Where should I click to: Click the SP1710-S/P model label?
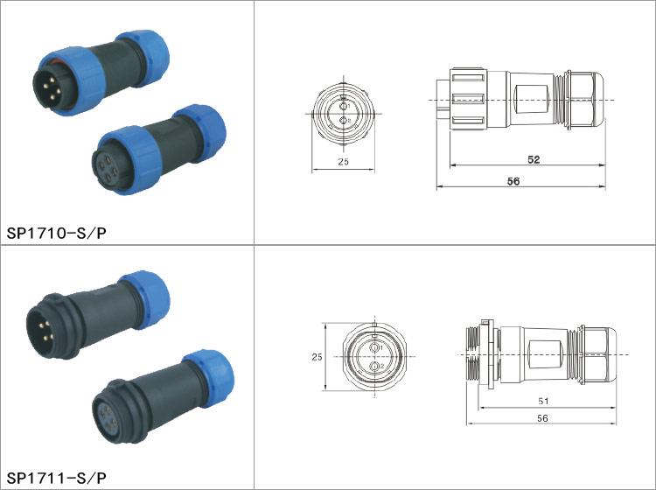pyautogui.click(x=57, y=233)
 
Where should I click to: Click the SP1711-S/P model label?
pyautogui.click(x=57, y=478)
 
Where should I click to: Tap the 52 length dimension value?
pyautogui.click(x=534, y=159)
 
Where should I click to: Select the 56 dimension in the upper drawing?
pyautogui.click(x=513, y=181)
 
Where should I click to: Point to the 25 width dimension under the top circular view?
pyautogui.click(x=343, y=162)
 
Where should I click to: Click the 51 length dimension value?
pyautogui.click(x=543, y=401)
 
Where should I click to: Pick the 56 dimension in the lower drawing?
pyautogui.click(x=542, y=418)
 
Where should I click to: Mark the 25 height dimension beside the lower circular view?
pyautogui.click(x=318, y=357)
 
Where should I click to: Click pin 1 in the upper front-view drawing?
pyautogui.click(x=344, y=106)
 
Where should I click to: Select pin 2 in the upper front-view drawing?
pyautogui.click(x=344, y=121)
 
